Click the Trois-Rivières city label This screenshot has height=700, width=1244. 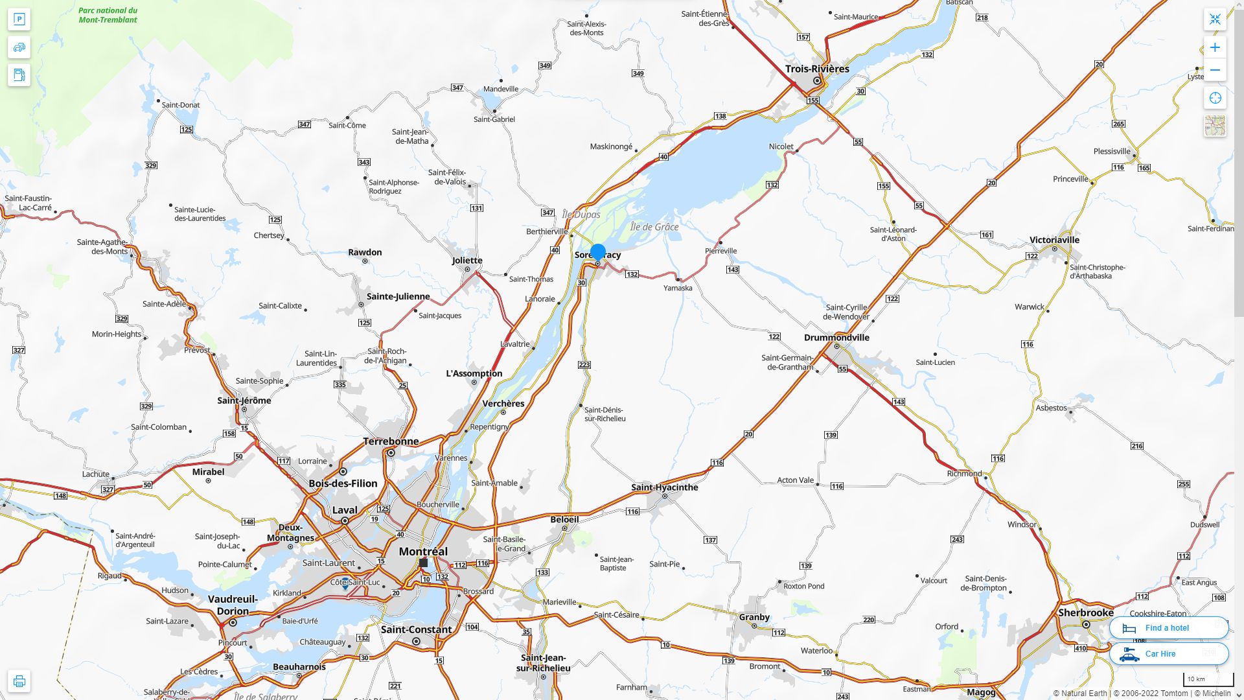[816, 69]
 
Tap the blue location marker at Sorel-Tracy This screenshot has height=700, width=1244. [597, 252]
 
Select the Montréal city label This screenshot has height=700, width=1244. [423, 552]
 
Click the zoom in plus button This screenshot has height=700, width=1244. [1215, 47]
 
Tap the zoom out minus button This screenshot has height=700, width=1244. [1215, 70]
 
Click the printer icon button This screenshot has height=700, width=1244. [19, 681]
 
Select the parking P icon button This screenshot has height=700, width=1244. [19, 19]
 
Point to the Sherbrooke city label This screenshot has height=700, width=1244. [1085, 612]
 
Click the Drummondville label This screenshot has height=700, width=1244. [836, 337]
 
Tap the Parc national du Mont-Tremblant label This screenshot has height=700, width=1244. [108, 15]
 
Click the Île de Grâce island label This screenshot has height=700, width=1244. [654, 227]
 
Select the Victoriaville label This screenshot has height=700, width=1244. [1054, 240]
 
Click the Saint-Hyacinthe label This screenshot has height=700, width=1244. [664, 487]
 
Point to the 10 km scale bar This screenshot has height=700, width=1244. [1208, 679]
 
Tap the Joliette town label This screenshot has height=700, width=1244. [466, 261]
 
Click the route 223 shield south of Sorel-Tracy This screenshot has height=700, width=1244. [584, 364]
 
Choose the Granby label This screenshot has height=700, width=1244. [754, 617]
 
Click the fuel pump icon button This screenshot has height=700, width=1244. [19, 75]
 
